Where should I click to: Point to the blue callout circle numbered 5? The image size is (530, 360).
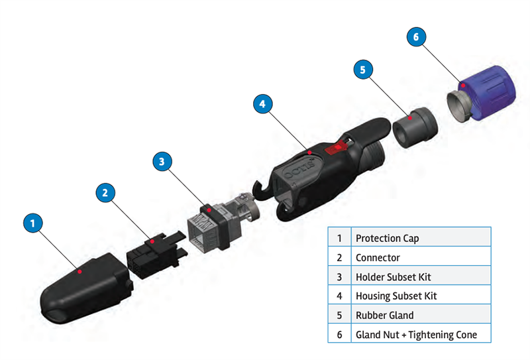363,68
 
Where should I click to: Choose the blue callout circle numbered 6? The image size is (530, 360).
416,37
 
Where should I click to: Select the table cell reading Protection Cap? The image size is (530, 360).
421,238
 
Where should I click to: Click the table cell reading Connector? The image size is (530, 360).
421,257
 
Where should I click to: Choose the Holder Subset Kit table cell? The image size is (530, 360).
421,276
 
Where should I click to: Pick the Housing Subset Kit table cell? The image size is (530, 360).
421,296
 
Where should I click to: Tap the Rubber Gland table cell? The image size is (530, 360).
421,315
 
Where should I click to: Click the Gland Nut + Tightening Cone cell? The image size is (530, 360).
421,334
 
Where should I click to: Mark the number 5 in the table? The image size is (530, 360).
339,315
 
